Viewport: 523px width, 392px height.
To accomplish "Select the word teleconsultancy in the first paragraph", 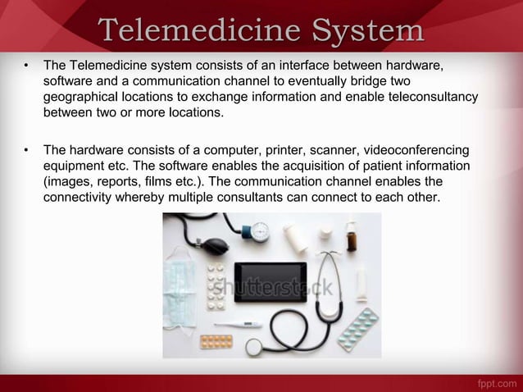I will click(429, 98).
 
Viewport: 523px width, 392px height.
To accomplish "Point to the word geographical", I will click(82, 98).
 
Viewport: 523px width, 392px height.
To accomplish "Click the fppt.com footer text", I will click(495, 383).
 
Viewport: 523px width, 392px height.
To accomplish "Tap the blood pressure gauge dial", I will click(260, 230).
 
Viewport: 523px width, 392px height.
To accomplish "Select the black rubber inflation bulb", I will click(213, 245).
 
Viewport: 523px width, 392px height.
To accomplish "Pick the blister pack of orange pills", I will click(216, 340).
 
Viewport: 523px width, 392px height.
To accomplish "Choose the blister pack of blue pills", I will click(358, 329).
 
